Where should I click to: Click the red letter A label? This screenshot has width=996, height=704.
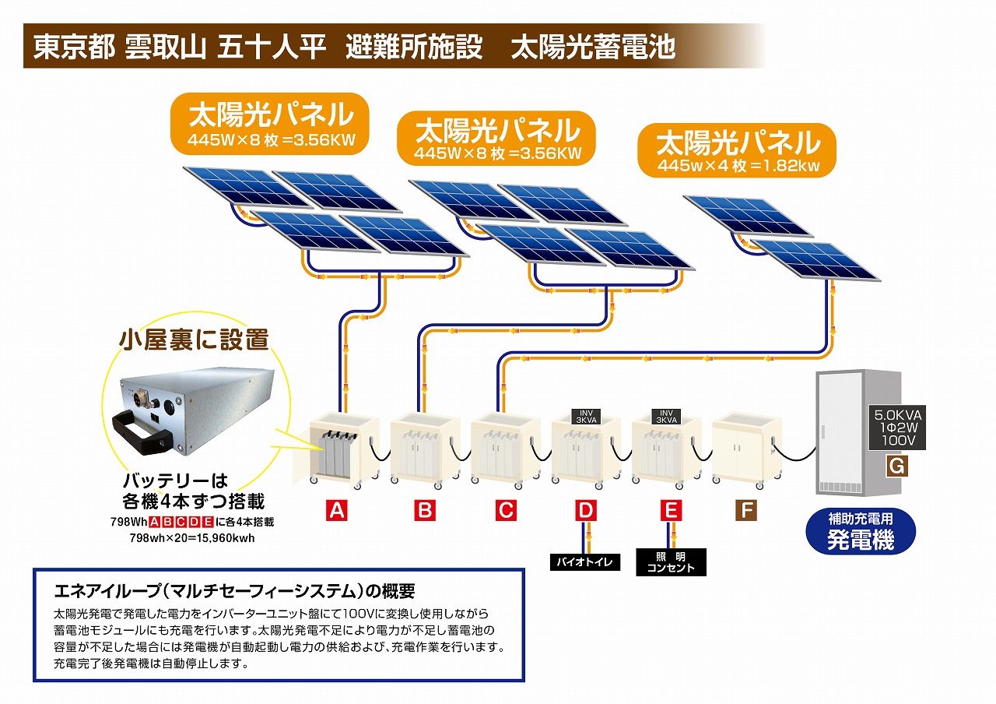point(336,511)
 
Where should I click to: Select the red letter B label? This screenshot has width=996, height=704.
point(424,511)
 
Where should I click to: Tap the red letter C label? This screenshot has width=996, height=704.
point(506,511)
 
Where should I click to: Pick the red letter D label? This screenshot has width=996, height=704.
point(586,511)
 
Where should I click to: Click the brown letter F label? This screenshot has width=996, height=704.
point(746,511)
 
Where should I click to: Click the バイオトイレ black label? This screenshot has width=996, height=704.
point(585,561)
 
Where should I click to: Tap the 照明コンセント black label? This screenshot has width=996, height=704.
point(671,561)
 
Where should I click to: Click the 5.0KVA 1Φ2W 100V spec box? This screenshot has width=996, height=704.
point(897,428)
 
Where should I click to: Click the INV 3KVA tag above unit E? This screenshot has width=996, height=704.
point(666,415)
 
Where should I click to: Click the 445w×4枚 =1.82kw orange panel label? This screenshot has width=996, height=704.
point(737,151)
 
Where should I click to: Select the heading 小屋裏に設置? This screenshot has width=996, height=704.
point(194,340)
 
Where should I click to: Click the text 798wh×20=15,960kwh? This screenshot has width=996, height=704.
point(192,537)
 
